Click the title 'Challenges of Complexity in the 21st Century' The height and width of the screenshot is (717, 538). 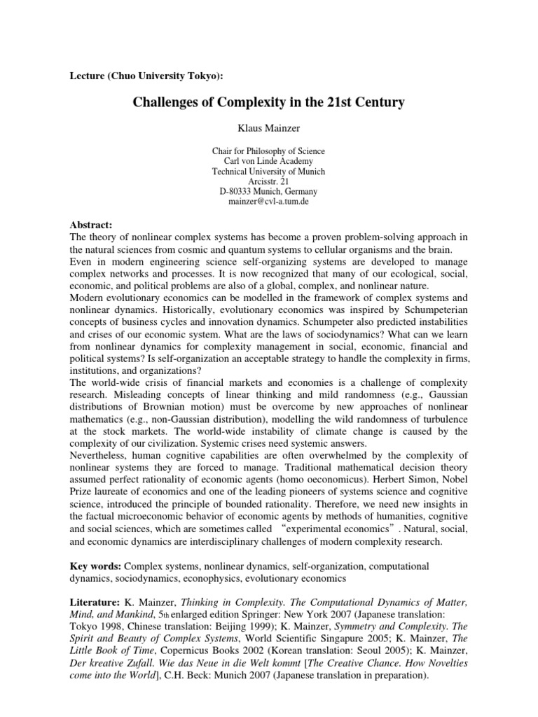[x=269, y=103]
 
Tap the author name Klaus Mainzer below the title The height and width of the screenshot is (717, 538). [x=268, y=130]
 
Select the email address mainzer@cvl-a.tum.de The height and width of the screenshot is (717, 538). [x=268, y=201]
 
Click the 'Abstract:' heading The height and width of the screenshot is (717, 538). [x=92, y=225]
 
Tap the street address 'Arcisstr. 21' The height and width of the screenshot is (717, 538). [x=268, y=181]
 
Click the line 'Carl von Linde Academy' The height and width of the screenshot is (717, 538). [x=268, y=161]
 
